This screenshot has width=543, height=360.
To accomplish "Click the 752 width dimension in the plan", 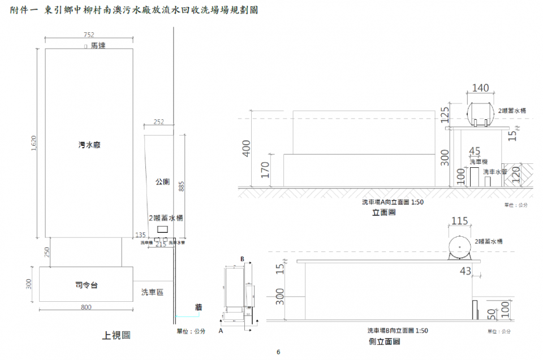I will tap(89, 34).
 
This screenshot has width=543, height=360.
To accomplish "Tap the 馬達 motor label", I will tap(98, 45).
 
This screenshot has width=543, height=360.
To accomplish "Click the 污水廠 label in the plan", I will tap(89, 145).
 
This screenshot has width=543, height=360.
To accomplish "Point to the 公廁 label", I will tap(162, 182).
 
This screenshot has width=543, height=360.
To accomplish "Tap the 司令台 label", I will tap(86, 285).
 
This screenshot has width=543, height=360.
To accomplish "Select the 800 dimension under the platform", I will tap(86, 307).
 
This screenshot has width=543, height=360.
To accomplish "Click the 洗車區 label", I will tap(152, 292).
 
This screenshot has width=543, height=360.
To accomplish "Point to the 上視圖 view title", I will tap(116, 335).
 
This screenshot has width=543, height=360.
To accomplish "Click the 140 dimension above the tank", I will tap(480, 88).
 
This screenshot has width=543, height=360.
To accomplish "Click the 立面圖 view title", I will tap(383, 212).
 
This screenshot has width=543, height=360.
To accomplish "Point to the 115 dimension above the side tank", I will tap(460, 222).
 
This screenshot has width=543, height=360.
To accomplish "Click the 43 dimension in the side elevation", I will tap(466, 271).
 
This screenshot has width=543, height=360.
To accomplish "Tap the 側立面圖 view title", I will tap(384, 341).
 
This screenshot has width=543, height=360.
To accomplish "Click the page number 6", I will tap(278, 352).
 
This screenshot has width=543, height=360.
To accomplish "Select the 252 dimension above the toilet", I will tap(158, 122).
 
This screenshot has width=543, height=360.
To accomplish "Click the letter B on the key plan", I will tap(242, 259).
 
